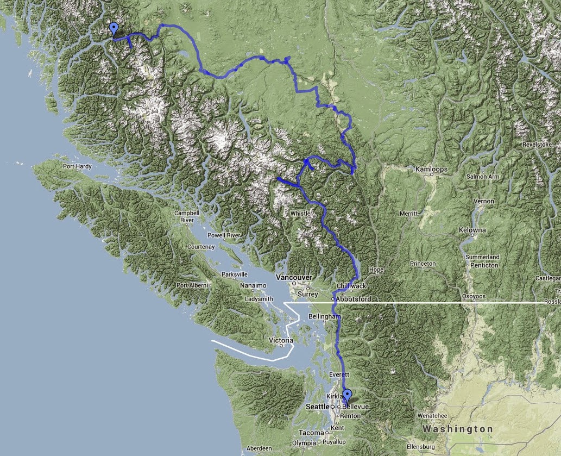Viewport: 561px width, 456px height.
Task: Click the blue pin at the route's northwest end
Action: pos(114,29)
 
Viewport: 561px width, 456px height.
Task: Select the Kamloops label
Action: pos(431,170)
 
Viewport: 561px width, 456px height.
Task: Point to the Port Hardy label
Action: pos(75,166)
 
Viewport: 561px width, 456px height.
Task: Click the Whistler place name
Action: pos(301,214)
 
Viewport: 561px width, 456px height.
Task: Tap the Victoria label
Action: pos(281,341)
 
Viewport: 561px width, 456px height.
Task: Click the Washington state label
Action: pos(458,429)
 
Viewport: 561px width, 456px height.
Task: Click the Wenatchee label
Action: pos(432,416)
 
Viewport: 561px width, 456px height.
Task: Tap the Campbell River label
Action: pos(184,216)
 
